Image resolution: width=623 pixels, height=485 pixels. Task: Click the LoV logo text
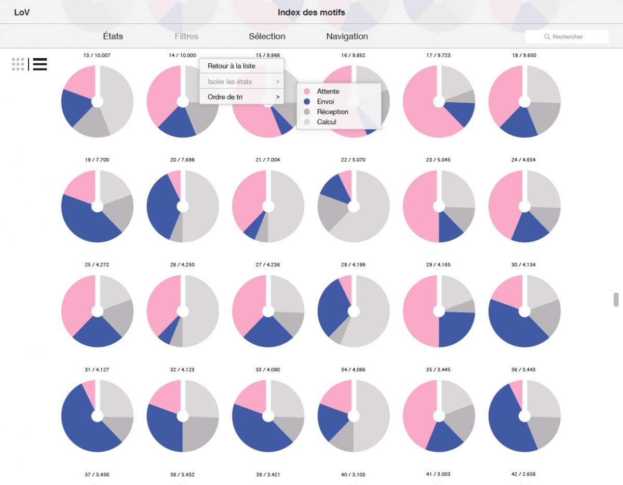pos(22,12)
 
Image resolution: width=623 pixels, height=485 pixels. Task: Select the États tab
pos(113,36)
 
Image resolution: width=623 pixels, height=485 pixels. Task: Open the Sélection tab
pos(267,36)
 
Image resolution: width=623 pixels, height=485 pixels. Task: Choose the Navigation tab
pos(347,36)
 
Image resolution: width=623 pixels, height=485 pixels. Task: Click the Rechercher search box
pos(567,37)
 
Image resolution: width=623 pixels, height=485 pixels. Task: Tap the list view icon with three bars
pos(40,64)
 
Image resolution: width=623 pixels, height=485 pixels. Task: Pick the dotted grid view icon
pos(18,64)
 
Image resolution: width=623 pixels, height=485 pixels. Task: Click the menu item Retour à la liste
pos(231,66)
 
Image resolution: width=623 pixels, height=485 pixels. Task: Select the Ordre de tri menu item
pos(225,97)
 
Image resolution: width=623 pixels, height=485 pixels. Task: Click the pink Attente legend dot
pos(307,91)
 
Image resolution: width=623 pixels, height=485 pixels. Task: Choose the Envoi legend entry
pos(326,102)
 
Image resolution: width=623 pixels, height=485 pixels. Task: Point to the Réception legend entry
pos(332,112)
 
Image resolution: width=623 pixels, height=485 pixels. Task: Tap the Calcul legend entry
pos(327,122)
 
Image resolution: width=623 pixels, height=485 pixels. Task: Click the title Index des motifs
pos(311,12)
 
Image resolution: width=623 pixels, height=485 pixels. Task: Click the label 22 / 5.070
pos(354,160)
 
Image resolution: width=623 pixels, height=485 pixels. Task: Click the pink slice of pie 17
pos(421,104)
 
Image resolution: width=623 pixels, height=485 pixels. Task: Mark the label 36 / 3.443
pos(524,370)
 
